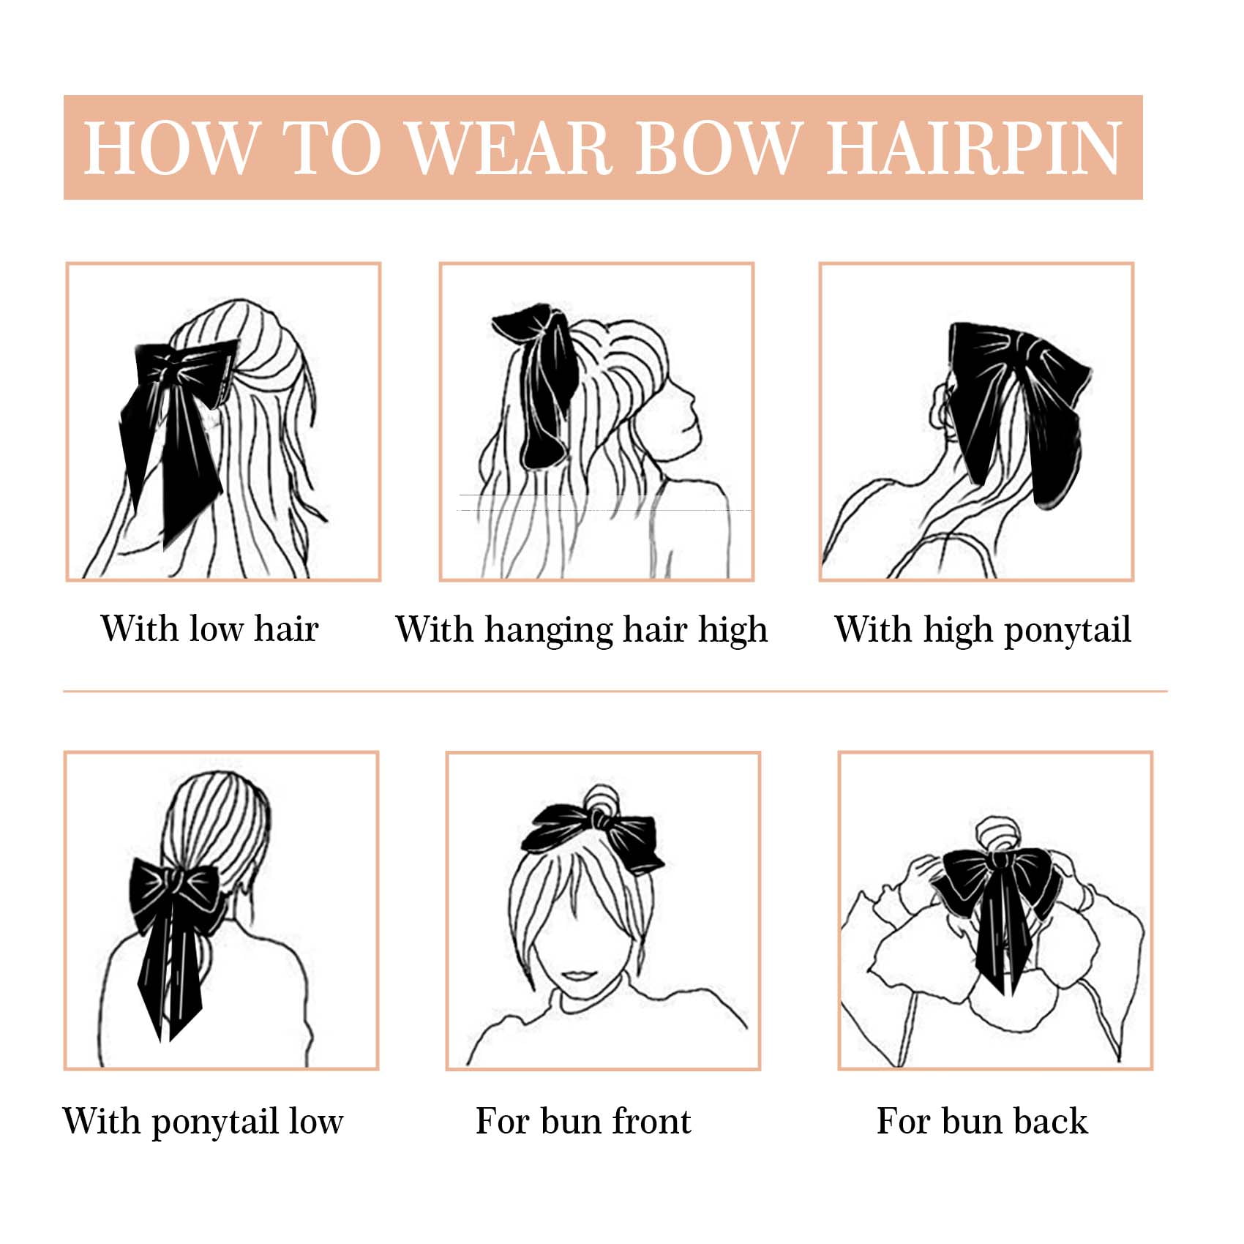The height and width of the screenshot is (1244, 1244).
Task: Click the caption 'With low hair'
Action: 209,628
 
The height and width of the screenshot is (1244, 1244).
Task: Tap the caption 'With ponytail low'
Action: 203,1122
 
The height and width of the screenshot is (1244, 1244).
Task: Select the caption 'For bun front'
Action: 583,1120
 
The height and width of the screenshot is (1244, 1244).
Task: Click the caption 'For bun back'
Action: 982,1120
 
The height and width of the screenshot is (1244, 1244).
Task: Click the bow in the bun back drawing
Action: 995,907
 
